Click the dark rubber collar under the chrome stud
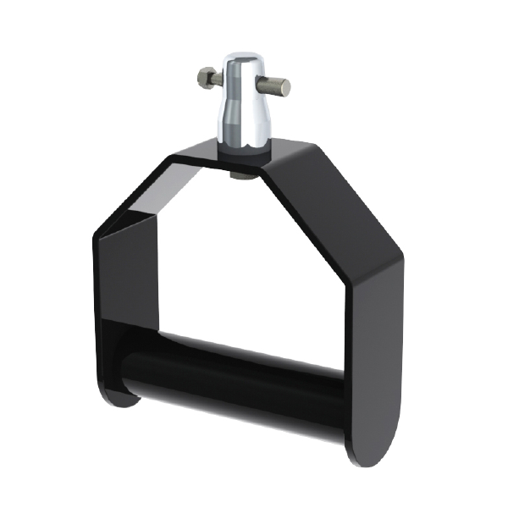pyautogui.click(x=245, y=150)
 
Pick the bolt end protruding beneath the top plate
pyautogui.click(x=240, y=174)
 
